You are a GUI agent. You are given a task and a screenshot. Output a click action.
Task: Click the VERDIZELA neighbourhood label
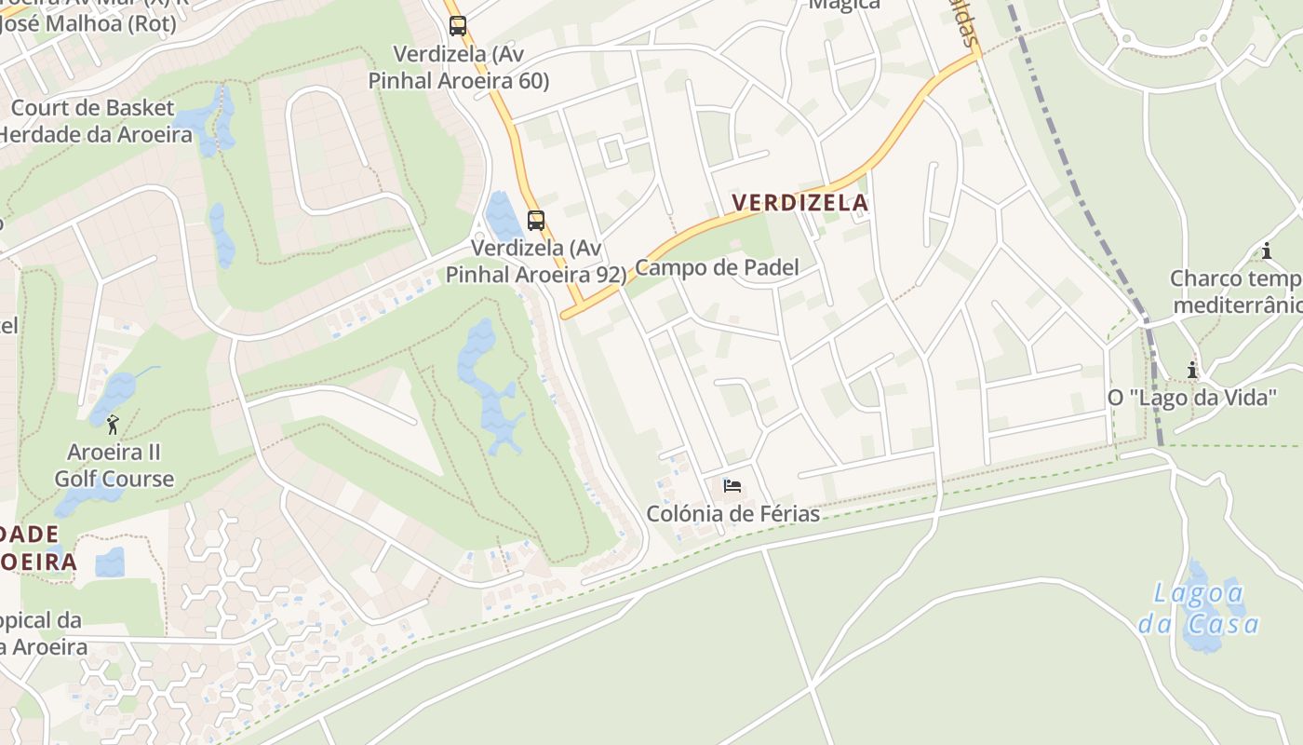click(x=799, y=202)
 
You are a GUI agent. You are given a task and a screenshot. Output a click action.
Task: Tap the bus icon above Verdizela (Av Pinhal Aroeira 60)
click(x=457, y=26)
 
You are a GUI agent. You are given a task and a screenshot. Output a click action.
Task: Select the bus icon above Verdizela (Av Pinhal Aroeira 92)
click(x=535, y=221)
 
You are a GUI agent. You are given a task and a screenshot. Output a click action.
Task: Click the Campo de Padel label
click(x=717, y=268)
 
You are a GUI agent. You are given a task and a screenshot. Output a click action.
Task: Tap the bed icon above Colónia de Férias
click(x=732, y=486)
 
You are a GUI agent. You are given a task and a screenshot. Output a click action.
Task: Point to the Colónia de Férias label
click(x=733, y=514)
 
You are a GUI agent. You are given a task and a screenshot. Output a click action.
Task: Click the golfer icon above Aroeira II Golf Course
click(x=113, y=426)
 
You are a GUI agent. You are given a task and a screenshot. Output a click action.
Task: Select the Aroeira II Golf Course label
click(x=114, y=466)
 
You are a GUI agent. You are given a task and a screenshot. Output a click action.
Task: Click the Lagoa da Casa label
click(x=1200, y=608)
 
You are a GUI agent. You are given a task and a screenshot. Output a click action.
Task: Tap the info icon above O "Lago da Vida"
click(x=1192, y=371)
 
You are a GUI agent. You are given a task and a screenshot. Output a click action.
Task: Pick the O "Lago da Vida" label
click(x=1191, y=398)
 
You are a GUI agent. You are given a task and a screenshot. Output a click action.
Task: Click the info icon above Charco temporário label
click(x=1266, y=251)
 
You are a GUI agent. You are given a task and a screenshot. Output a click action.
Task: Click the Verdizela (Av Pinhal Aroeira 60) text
click(x=459, y=67)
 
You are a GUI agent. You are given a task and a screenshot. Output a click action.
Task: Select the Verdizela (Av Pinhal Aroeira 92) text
click(x=536, y=262)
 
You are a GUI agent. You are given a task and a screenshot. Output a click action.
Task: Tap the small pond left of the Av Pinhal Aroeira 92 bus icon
click(x=503, y=216)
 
